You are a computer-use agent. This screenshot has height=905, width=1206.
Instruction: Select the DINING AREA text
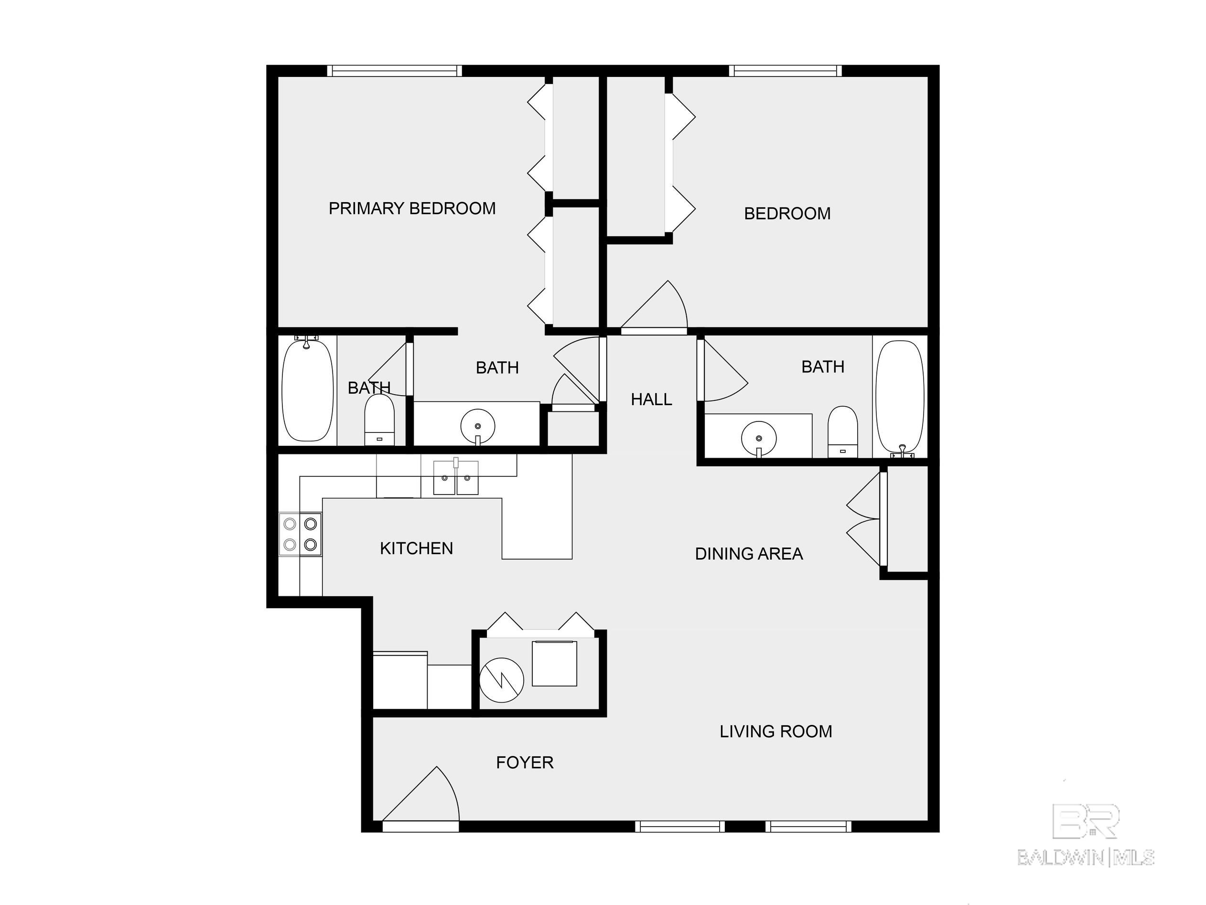point(749,554)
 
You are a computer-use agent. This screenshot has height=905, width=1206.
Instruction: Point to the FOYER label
point(525,762)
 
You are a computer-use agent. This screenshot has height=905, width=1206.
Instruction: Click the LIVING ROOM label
point(775,731)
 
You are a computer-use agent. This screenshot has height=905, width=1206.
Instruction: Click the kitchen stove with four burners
point(301,534)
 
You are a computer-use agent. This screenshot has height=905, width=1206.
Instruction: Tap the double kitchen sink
point(455,478)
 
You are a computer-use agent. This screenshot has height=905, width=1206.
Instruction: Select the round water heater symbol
point(501,680)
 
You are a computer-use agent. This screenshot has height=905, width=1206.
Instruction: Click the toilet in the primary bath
point(379,420)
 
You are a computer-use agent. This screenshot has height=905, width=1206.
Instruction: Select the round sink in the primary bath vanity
point(478,426)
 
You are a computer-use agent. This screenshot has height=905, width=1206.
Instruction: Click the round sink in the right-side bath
point(758,438)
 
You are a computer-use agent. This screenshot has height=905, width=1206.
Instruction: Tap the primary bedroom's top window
point(394,70)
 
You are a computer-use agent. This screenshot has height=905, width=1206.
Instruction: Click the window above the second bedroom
point(785,70)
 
